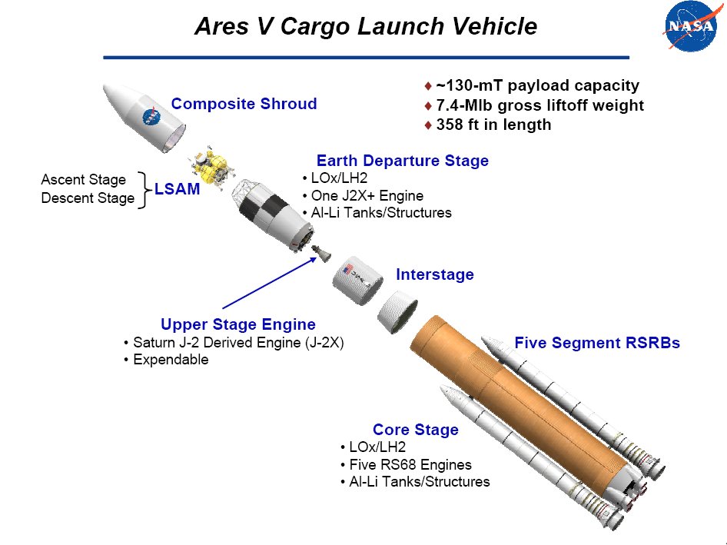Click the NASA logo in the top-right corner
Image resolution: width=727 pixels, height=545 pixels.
[x=690, y=25]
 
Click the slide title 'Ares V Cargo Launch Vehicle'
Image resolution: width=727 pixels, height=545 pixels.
[x=366, y=26]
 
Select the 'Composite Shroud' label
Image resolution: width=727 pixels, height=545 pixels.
[x=244, y=104]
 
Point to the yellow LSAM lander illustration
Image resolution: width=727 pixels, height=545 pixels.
[x=210, y=167]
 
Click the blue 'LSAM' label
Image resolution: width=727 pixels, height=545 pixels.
[x=177, y=189]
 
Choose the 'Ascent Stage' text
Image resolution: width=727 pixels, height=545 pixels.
[x=84, y=180]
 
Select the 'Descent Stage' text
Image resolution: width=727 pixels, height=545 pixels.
[x=88, y=198]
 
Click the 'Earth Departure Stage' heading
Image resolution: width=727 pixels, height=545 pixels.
[x=403, y=161]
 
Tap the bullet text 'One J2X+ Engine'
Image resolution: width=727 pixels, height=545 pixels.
[x=367, y=196]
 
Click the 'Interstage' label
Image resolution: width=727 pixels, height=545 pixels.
[x=435, y=274]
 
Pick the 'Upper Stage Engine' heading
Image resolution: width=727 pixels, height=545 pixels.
[x=238, y=324]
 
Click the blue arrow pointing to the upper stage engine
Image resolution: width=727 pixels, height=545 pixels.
[x=270, y=283]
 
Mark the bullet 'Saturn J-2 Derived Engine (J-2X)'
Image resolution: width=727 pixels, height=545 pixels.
[x=238, y=342]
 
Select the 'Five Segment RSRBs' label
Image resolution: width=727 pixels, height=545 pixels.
[x=597, y=343]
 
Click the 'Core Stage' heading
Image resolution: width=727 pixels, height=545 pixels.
[x=416, y=430]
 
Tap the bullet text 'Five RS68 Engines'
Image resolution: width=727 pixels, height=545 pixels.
[x=410, y=464]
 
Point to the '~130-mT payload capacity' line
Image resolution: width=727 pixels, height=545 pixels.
[x=538, y=85]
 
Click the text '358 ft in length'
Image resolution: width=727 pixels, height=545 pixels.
[x=494, y=125]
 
